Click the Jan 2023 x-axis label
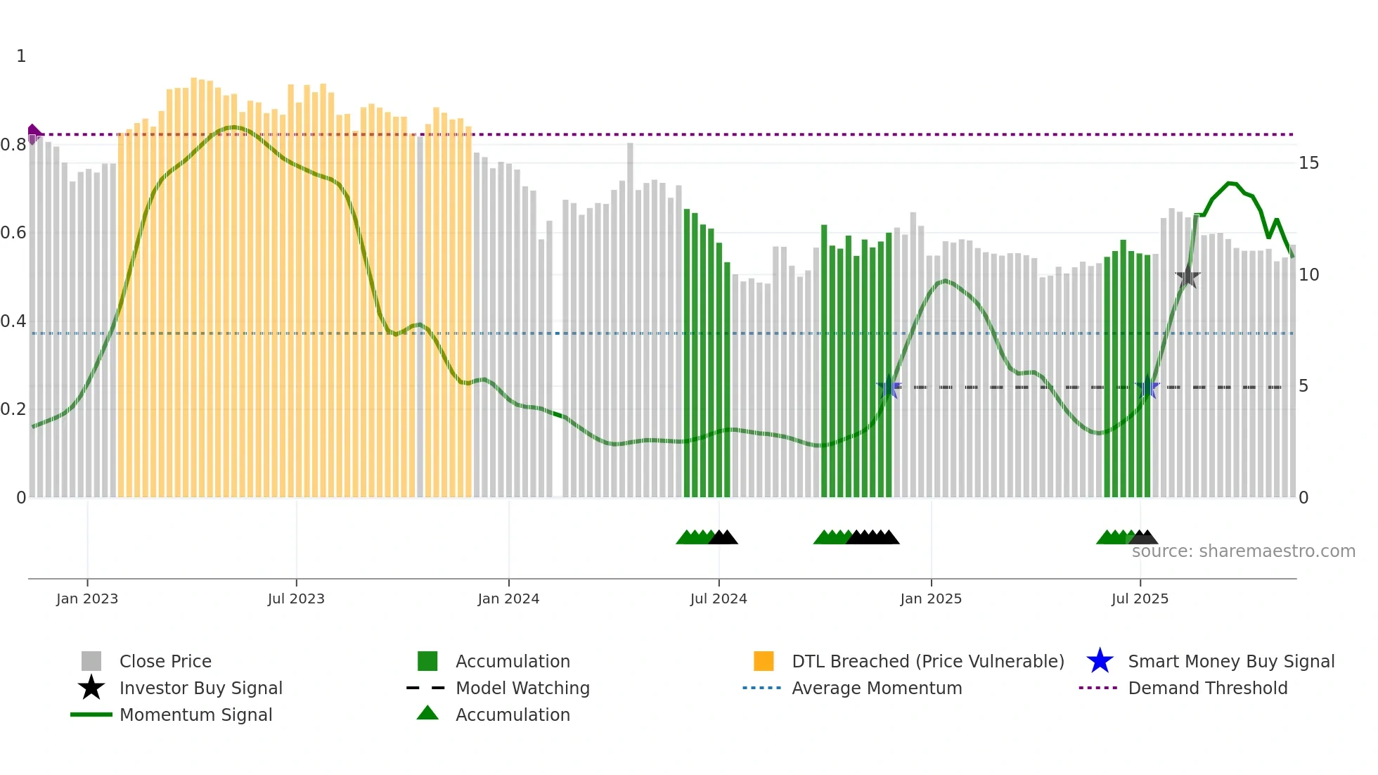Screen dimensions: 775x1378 [87, 598]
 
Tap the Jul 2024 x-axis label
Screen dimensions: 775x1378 [719, 598]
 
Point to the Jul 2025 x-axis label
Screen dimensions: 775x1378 [1140, 598]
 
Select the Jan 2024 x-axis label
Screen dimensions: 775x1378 [508, 598]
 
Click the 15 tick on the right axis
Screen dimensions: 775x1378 [1308, 163]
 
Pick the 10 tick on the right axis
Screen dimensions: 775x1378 [1308, 275]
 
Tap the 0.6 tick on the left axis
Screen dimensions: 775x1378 [13, 233]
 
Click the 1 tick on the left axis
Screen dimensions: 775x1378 [21, 56]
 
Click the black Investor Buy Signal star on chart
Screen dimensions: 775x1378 [1187, 276]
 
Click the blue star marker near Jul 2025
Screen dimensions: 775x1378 [1147, 387]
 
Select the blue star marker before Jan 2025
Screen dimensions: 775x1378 [889, 387]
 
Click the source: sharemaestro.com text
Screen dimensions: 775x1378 [1243, 551]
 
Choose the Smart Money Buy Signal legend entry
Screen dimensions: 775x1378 [1230, 661]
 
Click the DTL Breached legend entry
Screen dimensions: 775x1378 [927, 661]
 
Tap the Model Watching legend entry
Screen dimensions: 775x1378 [522, 688]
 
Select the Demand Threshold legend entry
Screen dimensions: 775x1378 [1207, 688]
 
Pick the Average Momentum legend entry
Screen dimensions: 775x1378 [876, 688]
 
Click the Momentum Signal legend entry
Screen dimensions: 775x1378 [195, 715]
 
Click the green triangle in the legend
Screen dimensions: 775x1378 [427, 714]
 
